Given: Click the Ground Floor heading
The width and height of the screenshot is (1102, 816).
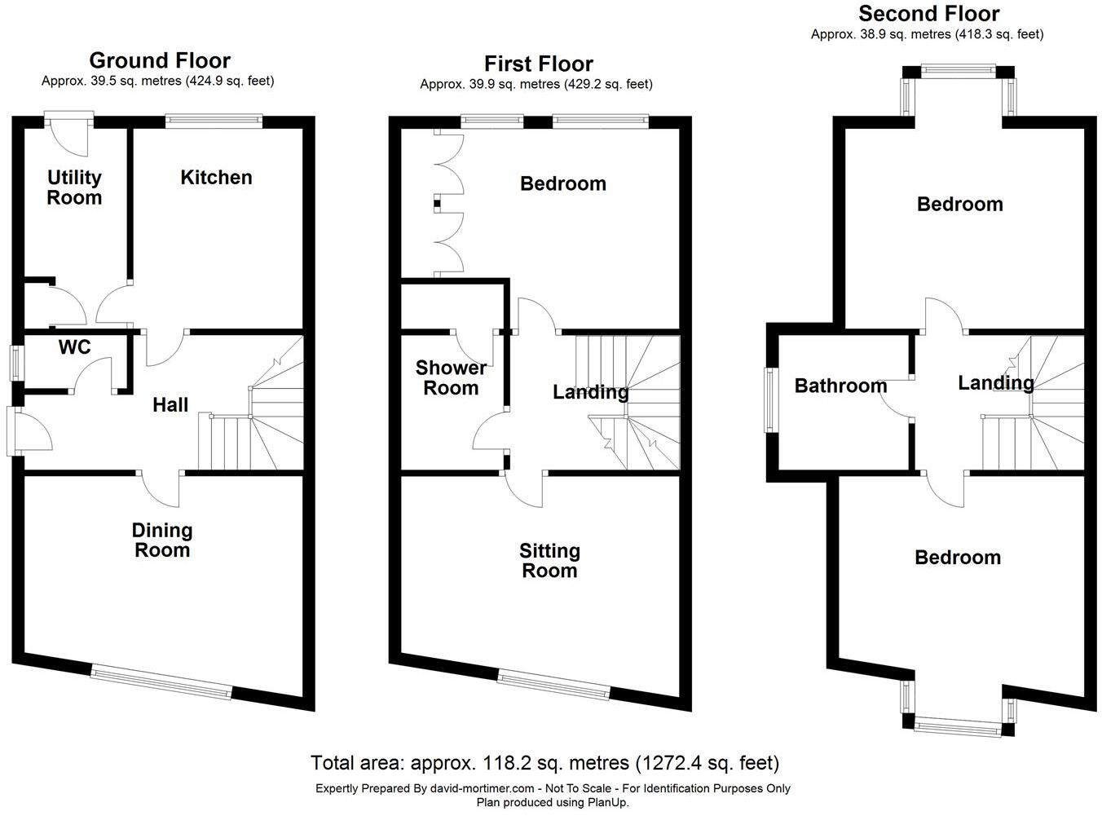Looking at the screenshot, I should (x=159, y=61).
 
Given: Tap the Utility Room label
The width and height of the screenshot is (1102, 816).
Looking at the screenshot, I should (x=74, y=187).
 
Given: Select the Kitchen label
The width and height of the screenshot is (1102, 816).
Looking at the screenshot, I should (x=216, y=178).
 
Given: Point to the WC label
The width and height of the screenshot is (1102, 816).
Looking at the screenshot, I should (x=74, y=348).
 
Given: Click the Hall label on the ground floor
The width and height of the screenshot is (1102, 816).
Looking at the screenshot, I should (x=170, y=405).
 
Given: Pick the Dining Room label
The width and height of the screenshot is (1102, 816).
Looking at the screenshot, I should (x=162, y=540).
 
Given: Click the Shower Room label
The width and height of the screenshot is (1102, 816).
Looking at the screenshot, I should (x=451, y=378).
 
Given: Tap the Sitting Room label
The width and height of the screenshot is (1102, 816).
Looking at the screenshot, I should (x=549, y=561).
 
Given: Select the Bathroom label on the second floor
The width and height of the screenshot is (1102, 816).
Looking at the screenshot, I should (x=840, y=386).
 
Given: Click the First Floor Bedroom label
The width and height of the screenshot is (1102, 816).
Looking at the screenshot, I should (x=563, y=184).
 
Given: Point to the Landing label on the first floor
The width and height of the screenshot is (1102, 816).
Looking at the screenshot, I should (x=590, y=393).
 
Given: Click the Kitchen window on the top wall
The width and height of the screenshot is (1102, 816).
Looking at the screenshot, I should (x=214, y=121).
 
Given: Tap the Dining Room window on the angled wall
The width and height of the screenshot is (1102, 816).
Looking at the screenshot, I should (x=161, y=681).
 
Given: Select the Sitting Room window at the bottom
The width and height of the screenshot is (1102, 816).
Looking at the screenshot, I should (x=554, y=683).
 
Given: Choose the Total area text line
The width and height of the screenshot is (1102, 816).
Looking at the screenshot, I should (x=544, y=764).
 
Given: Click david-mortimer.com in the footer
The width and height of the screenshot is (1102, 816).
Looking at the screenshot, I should (x=483, y=788).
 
